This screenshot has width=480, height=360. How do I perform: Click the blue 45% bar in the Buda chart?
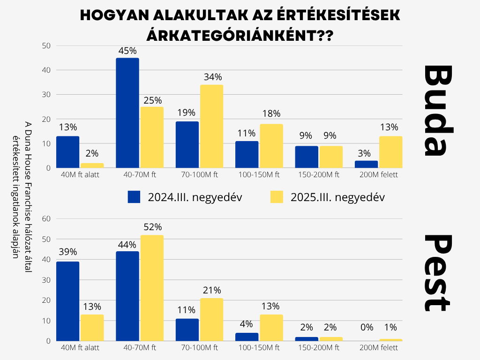pos(127,112)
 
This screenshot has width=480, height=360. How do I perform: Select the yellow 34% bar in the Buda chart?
pos(211,126)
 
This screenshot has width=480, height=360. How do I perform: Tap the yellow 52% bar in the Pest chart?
pos(152,288)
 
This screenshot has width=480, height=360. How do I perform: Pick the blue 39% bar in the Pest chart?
pos(67,301)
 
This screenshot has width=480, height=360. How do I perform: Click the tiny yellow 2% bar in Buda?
pos(92,165)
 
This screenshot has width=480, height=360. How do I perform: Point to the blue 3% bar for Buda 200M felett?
pos(366,164)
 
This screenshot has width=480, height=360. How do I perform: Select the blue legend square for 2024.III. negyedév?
pos(134,197)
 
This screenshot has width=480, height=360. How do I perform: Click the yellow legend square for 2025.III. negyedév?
pos(277,197)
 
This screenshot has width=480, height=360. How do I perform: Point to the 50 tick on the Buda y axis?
pos(46,46)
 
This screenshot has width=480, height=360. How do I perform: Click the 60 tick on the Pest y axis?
pos(46,218)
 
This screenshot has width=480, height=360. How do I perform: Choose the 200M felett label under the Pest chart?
pos(378,348)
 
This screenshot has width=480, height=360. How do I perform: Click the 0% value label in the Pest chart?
pos(367,327)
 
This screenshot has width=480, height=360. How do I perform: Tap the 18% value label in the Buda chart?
pos(271,113)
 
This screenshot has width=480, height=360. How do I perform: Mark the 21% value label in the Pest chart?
pos(212,291)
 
